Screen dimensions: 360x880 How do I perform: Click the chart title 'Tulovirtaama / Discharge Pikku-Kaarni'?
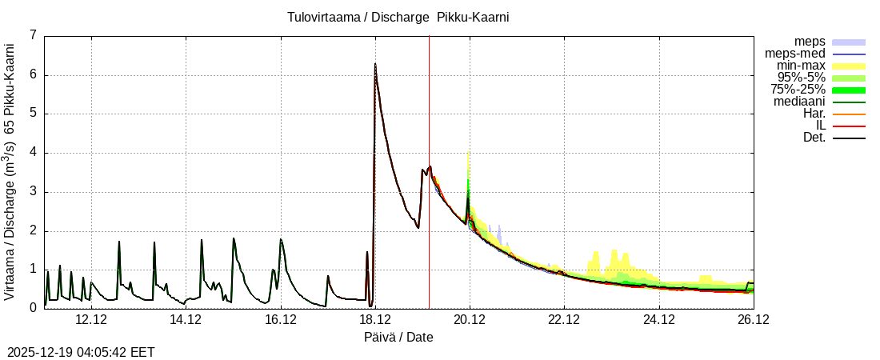(398, 17)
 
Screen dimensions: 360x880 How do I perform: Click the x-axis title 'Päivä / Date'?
(398, 337)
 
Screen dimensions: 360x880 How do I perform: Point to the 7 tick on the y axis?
(33, 35)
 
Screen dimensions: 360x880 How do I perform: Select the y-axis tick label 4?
(33, 153)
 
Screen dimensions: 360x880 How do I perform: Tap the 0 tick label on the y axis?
(33, 308)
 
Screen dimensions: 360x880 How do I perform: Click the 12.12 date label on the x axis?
(91, 319)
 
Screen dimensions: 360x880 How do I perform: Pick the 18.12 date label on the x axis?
(375, 319)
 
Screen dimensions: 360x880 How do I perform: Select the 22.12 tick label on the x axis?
(564, 319)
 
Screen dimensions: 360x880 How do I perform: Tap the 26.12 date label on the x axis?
(753, 319)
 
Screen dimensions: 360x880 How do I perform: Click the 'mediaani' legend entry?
(799, 102)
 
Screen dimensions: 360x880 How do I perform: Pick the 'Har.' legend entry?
(814, 114)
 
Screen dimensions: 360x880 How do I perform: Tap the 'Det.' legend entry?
(814, 138)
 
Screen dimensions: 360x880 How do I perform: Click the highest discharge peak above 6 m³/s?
(375, 64)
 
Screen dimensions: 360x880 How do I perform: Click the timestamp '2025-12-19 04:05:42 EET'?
(81, 352)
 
